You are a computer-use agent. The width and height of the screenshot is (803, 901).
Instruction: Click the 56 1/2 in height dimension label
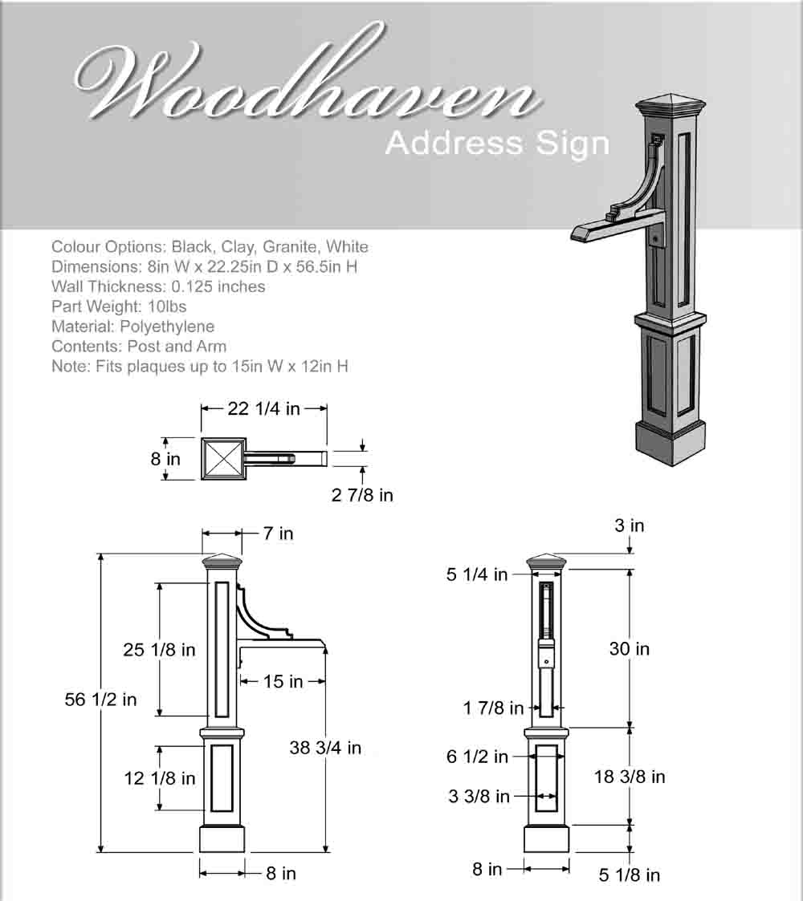tap(100, 700)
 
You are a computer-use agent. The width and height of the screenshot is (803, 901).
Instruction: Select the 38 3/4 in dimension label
tap(325, 748)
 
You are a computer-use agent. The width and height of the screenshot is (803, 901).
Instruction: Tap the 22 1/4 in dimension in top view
tap(263, 409)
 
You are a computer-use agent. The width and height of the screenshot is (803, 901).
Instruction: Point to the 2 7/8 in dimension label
tap(362, 495)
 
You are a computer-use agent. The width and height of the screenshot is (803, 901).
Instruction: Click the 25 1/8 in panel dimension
tap(159, 650)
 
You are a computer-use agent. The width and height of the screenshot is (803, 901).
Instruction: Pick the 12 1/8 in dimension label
tap(159, 778)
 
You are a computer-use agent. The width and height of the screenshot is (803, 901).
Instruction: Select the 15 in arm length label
tap(283, 682)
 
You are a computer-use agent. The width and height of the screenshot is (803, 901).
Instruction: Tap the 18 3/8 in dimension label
tap(630, 777)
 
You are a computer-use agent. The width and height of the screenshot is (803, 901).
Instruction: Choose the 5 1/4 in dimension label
tap(477, 574)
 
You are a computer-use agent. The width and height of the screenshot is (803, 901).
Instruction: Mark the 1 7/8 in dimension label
tap(493, 708)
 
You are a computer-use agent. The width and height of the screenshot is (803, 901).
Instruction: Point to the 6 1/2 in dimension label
tap(478, 757)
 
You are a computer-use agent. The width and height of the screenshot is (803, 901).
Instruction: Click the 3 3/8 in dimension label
tap(479, 796)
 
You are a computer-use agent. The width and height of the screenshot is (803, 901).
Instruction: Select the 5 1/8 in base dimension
tap(630, 875)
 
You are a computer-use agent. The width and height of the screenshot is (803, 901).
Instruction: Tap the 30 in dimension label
tap(630, 648)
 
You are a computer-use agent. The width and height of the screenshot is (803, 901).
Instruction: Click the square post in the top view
tap(222, 459)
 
